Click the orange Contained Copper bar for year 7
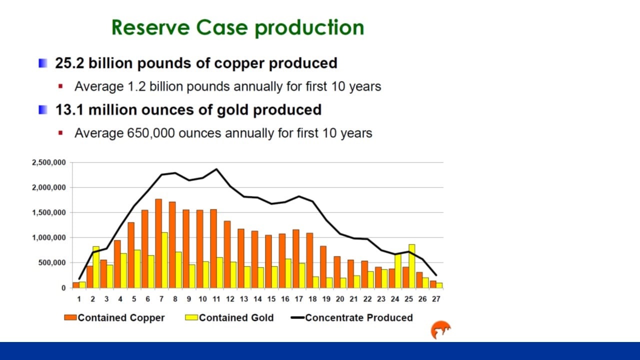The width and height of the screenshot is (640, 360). click(x=158, y=243)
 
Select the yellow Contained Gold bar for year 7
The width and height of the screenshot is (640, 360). click(x=164, y=260)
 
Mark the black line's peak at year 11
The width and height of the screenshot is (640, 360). click(x=216, y=169)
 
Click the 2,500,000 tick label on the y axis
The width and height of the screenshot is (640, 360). click(x=48, y=163)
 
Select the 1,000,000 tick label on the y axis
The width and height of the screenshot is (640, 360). click(x=48, y=238)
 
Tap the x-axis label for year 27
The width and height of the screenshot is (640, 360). click(x=435, y=299)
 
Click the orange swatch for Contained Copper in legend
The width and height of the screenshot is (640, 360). click(x=70, y=317)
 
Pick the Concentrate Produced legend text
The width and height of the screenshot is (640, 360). click(x=359, y=317)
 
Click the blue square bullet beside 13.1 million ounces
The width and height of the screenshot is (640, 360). click(x=43, y=109)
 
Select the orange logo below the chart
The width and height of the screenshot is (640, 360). click(x=440, y=330)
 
